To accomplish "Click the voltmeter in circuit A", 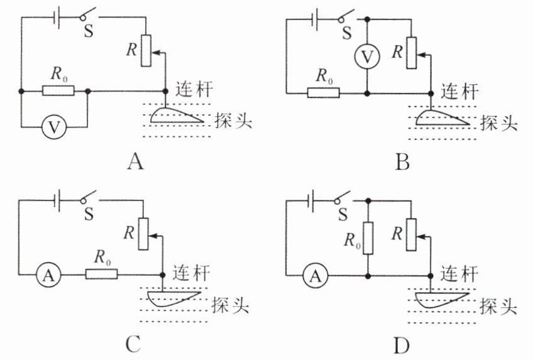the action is (53, 128).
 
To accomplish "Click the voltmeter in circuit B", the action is (367, 57).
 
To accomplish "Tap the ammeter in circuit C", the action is (48, 275).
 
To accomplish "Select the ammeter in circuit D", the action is (316, 276).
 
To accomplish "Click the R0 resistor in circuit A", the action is (58, 90).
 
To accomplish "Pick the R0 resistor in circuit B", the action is (323, 93).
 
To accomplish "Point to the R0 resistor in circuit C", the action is (101, 274).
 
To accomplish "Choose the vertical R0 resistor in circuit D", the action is (368, 238).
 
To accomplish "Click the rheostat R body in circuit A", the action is (146, 50).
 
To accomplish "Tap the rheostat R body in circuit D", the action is (411, 235).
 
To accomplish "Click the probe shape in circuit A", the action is (176, 116).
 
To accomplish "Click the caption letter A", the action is (136, 161).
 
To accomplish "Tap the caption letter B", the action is (402, 162).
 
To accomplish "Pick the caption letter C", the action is (133, 345).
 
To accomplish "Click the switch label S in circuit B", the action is (347, 33).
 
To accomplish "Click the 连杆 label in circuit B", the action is (459, 91).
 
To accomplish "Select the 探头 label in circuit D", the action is (498, 306).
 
